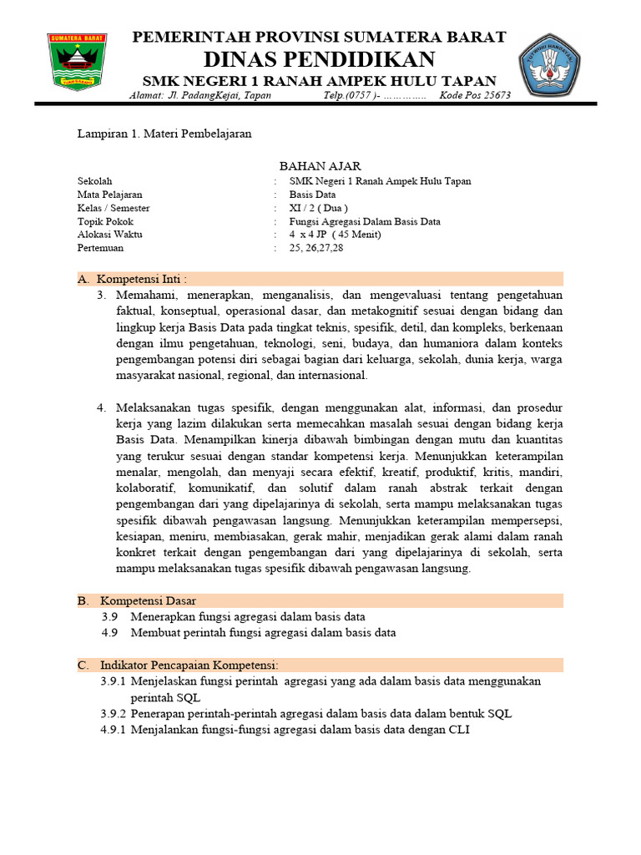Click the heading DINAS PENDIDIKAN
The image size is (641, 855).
pos(320,59)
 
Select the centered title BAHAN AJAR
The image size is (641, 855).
pos(320,166)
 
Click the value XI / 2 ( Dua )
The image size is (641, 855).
pos(319,208)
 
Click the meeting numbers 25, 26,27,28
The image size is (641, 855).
pos(316,248)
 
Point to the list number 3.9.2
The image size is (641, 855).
pos(113,714)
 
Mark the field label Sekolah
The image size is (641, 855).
pos(94,180)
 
